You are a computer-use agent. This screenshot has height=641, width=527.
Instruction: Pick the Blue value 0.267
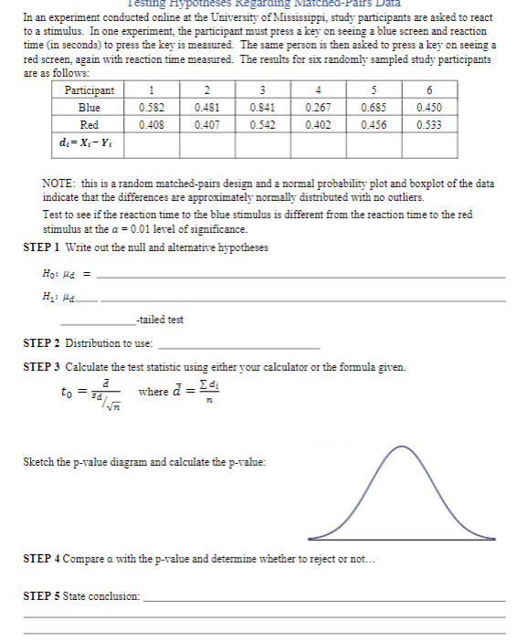(x=318, y=106)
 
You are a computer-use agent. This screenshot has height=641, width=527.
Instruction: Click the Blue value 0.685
(x=373, y=106)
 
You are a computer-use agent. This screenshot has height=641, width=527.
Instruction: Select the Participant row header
(x=90, y=89)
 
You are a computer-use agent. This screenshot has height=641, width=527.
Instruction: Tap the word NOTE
(x=58, y=184)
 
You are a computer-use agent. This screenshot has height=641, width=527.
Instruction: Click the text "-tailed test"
(x=159, y=320)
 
